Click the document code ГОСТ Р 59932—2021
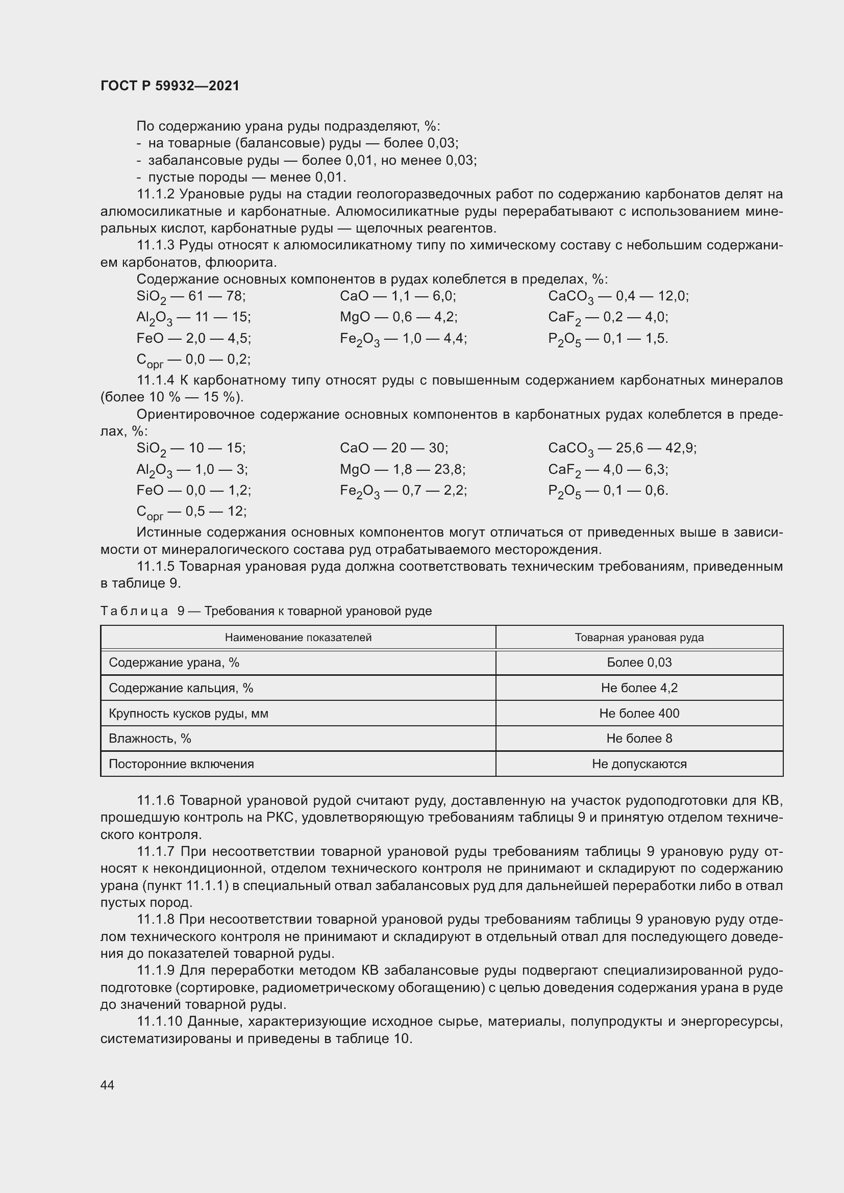pyautogui.click(x=170, y=86)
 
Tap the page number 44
pyautogui.click(x=107, y=1084)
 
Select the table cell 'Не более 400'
pyautogui.click(x=639, y=713)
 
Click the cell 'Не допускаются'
pyautogui.click(x=639, y=764)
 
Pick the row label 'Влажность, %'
pyautogui.click(x=150, y=739)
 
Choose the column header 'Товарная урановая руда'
pyautogui.click(x=639, y=637)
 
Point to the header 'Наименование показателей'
pyautogui.click(x=298, y=637)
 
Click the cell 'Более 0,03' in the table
pyautogui.click(x=639, y=663)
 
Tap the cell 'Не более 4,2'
pyautogui.click(x=639, y=688)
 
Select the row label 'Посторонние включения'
pyautogui.click(x=181, y=764)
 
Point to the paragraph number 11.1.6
pyautogui.click(x=157, y=801)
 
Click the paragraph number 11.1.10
pyautogui.click(x=159, y=1022)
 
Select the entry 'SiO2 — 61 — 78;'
pyautogui.click(x=191, y=297)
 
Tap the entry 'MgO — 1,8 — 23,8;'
pyautogui.click(x=402, y=470)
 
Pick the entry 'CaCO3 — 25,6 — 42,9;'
pyautogui.click(x=622, y=448)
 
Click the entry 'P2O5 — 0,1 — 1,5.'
pyautogui.click(x=608, y=339)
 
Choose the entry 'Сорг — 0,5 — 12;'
pyautogui.click(x=191, y=512)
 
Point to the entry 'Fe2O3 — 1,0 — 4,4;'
pyautogui.click(x=403, y=339)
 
